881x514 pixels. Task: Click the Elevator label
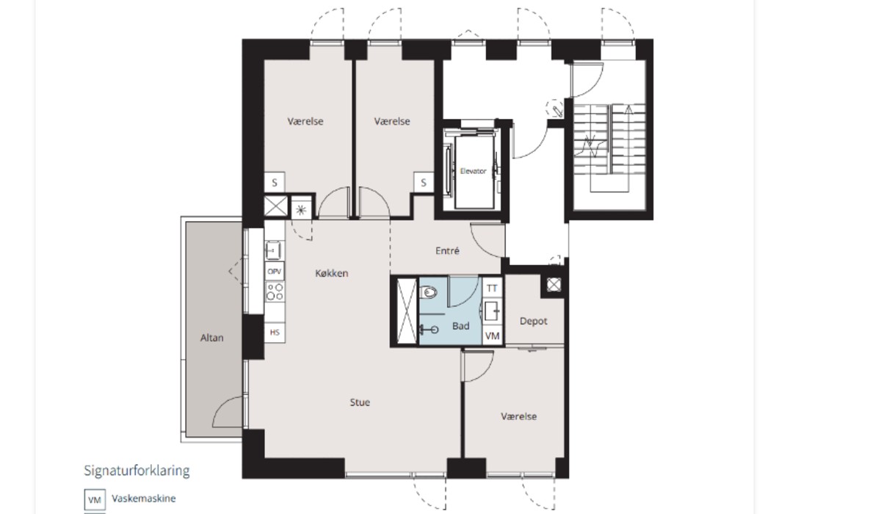pos(473,171)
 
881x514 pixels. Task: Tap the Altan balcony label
pos(211,338)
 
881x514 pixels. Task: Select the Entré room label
pos(447,250)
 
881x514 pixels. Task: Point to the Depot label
pos(533,322)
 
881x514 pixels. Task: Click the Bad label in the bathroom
pos(460,326)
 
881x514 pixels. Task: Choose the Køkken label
pos(332,273)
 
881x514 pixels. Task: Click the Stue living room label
pos(360,402)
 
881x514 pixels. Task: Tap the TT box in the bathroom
pos(492,289)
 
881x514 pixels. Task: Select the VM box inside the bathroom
pos(492,336)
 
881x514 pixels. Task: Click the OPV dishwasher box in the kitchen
pos(275,272)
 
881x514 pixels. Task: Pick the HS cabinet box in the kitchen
pos(275,333)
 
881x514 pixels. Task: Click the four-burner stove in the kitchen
pos(275,292)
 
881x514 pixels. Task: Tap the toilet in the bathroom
pos(428,292)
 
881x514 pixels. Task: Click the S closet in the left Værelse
pos(274,183)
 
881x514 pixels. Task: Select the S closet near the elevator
pos(423,183)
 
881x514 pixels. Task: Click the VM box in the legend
pos(95,500)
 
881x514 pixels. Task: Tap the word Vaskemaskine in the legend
pos(144,499)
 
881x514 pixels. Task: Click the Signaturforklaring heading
pos(137,471)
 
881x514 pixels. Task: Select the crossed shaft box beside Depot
pos(554,285)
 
